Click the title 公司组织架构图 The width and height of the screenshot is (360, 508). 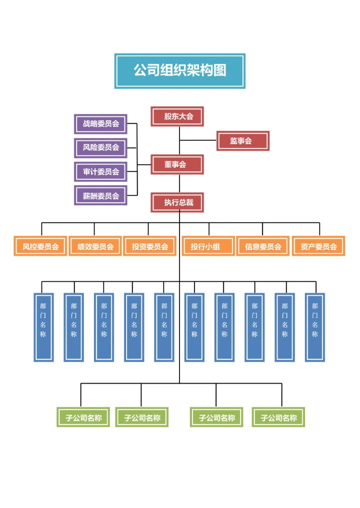point(179,70)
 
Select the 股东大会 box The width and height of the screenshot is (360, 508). point(177,116)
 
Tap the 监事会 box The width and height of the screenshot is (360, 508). point(242,141)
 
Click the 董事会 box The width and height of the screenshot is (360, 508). point(177,164)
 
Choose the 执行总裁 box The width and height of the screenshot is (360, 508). point(177,202)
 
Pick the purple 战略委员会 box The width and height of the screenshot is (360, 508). point(100,124)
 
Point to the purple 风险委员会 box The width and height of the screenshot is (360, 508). point(100,147)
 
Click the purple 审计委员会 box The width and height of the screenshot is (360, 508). point(100,171)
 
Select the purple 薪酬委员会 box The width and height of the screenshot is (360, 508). point(100,195)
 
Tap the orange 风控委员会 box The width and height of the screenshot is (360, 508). point(40,246)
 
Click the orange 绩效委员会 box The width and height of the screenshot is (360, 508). point(95,246)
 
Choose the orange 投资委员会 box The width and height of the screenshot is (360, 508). point(149,246)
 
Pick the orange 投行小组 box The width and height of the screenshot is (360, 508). point(208,246)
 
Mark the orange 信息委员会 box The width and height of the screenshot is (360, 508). point(262,246)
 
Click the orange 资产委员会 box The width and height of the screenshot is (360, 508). point(318,246)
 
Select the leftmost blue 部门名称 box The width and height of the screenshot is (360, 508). point(43,327)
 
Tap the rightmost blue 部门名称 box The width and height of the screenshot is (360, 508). point(315,327)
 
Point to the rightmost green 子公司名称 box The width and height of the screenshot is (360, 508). point(278,418)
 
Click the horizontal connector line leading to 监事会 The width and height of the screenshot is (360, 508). point(198,141)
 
